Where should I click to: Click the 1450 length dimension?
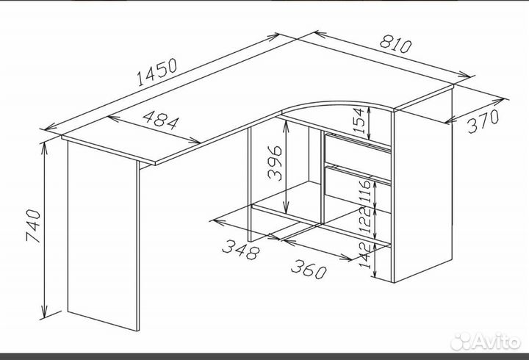(157, 72)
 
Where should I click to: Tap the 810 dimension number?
(396, 44)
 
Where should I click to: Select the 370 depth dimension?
(483, 121)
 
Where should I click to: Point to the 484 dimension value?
(161, 120)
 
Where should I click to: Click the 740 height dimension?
(33, 226)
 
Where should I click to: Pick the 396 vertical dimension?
(275, 163)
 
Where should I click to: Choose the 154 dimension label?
(358, 120)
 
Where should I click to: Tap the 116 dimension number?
(365, 191)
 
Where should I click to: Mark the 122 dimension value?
(365, 220)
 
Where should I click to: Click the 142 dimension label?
(366, 255)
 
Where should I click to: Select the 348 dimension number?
(241, 250)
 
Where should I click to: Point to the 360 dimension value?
(309, 269)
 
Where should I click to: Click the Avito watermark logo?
(486, 341)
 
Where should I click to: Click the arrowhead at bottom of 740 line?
(44, 312)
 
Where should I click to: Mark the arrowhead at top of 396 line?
(286, 127)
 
